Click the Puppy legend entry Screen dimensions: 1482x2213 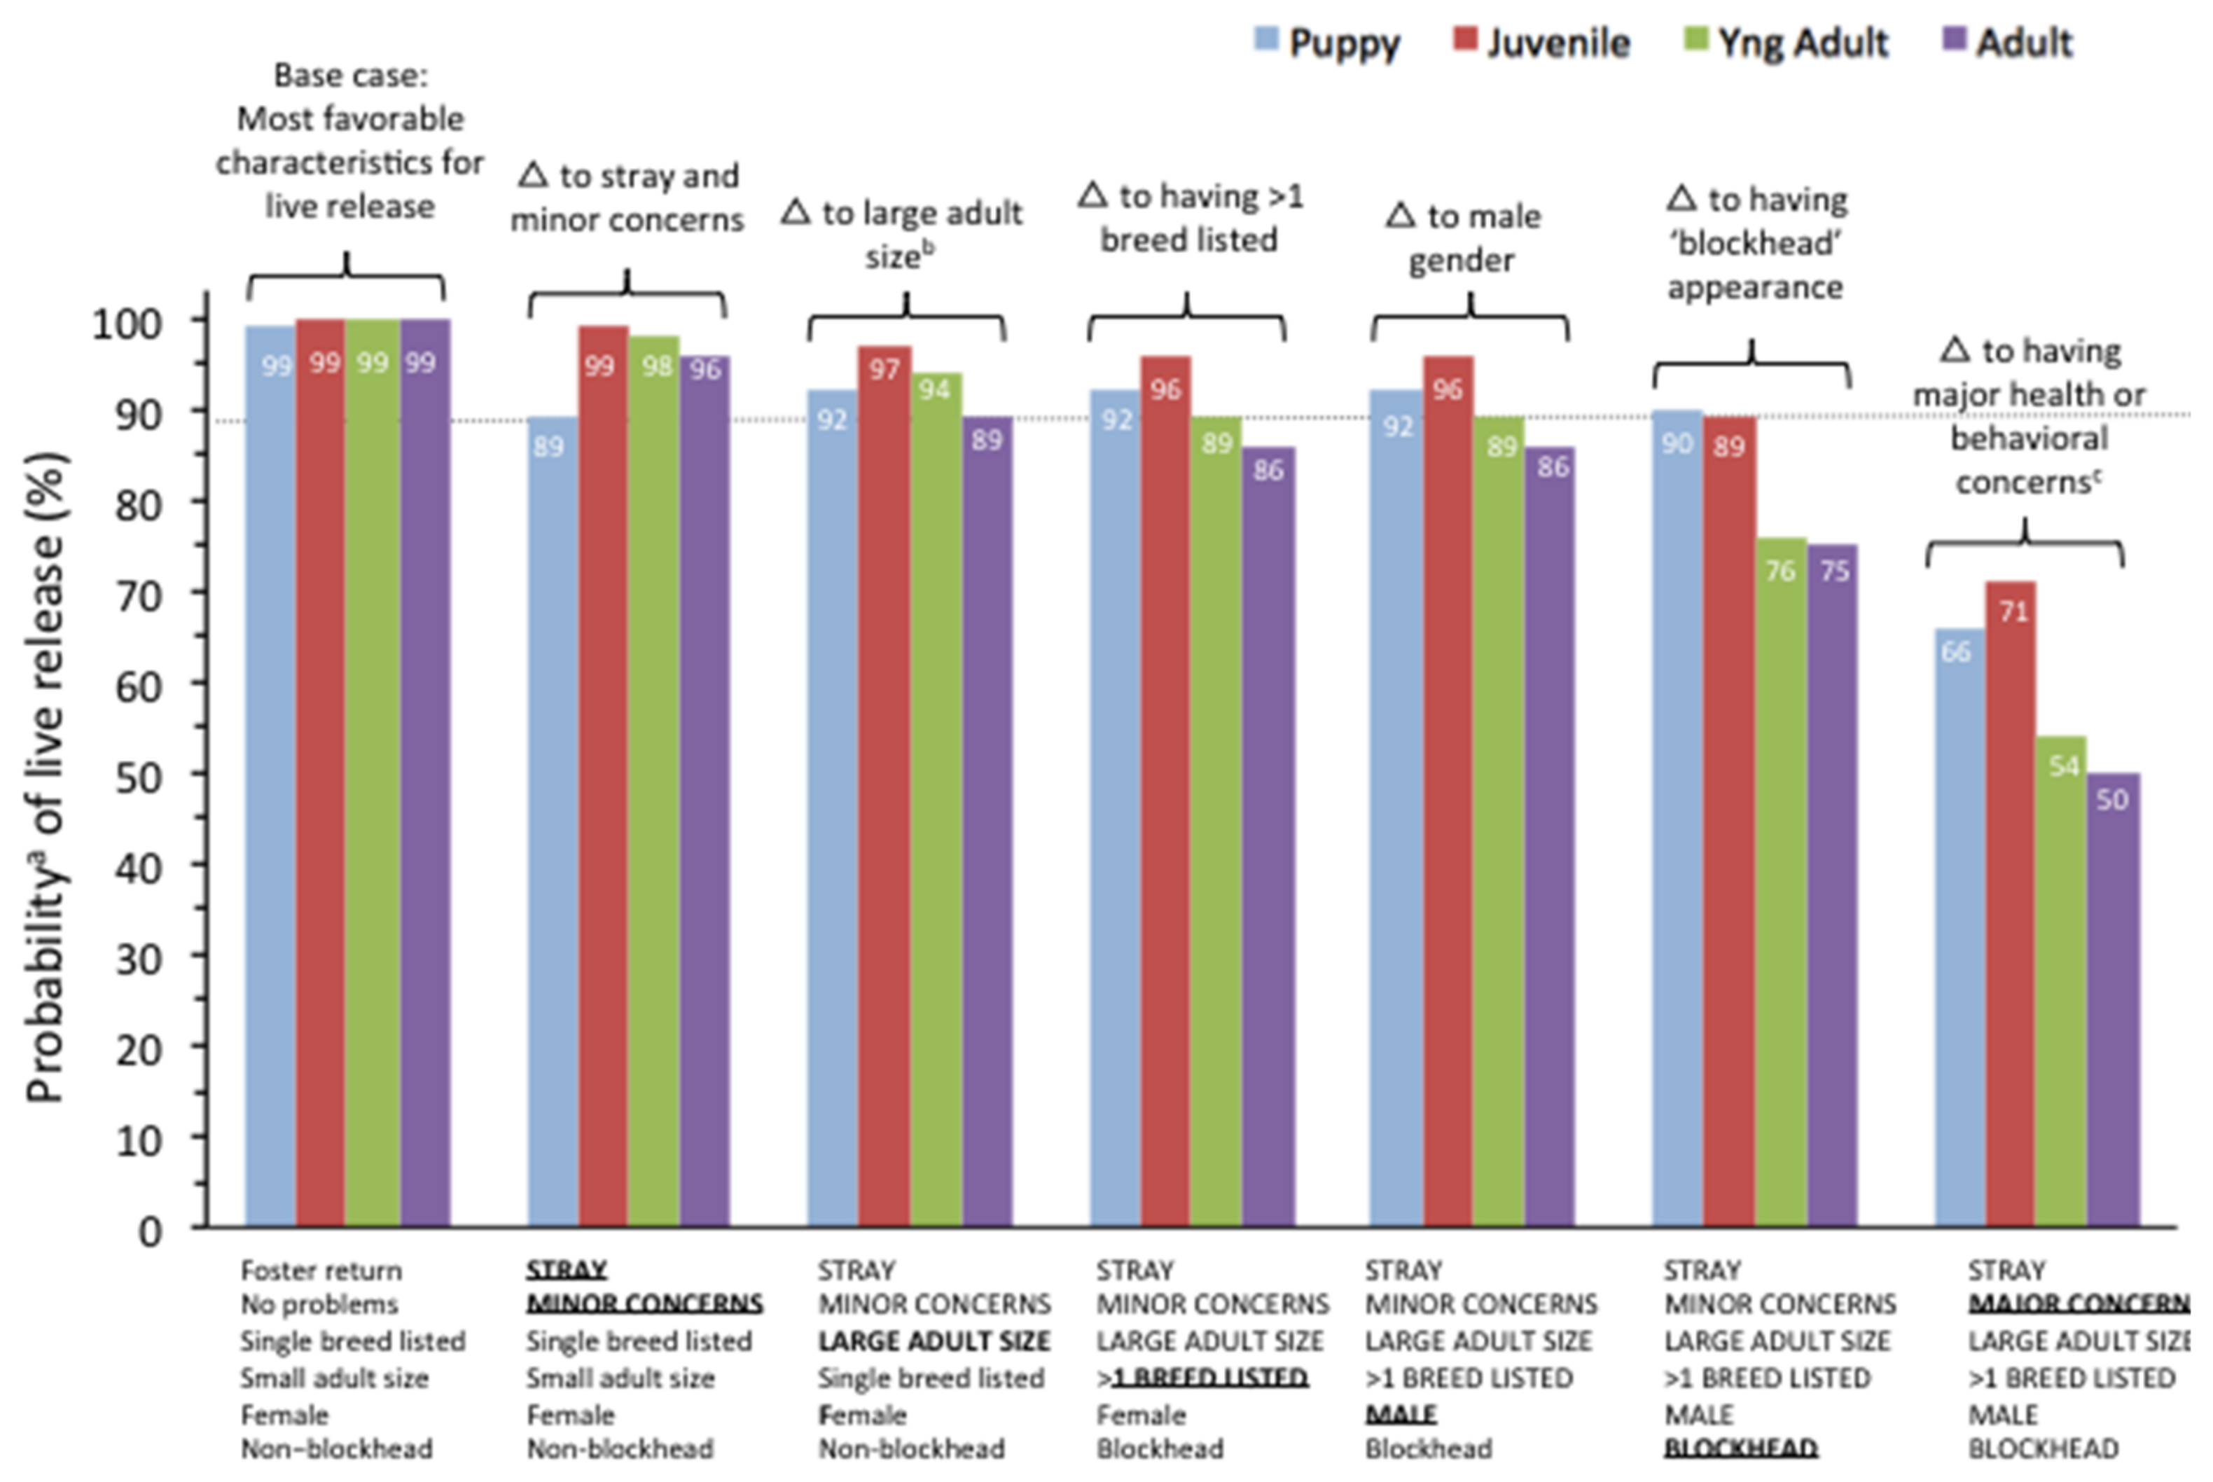(x=1328, y=43)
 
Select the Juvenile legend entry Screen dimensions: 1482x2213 (x=1542, y=43)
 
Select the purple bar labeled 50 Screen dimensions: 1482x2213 (x=2113, y=1002)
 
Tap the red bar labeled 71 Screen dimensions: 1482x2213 (x=2011, y=908)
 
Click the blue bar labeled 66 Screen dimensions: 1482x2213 (x=1958, y=931)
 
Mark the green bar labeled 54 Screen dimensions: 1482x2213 (x=2062, y=983)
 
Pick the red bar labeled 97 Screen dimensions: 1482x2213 (x=884, y=784)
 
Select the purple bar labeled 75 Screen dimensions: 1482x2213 (x=1833, y=889)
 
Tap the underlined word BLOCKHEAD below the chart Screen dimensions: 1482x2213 (x=1740, y=1448)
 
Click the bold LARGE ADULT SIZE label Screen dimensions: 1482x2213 (x=934, y=1341)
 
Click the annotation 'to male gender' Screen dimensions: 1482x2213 (x=1463, y=238)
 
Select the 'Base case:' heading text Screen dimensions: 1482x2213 (x=351, y=76)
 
